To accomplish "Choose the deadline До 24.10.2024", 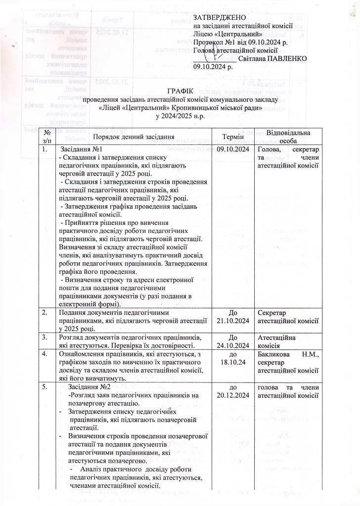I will (233, 341).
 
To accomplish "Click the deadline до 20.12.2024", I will (233, 391).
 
